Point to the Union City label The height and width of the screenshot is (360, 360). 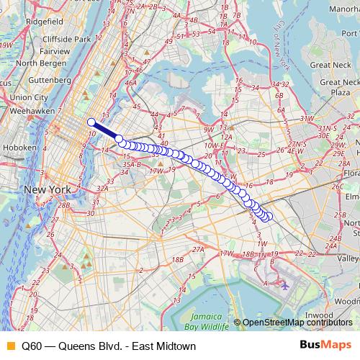click(x=29, y=96)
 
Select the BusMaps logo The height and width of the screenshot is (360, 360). click(x=326, y=346)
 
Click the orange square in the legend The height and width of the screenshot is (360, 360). click(x=9, y=346)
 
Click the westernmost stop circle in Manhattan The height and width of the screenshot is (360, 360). click(x=91, y=122)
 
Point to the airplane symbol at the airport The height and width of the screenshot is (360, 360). click(x=286, y=285)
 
